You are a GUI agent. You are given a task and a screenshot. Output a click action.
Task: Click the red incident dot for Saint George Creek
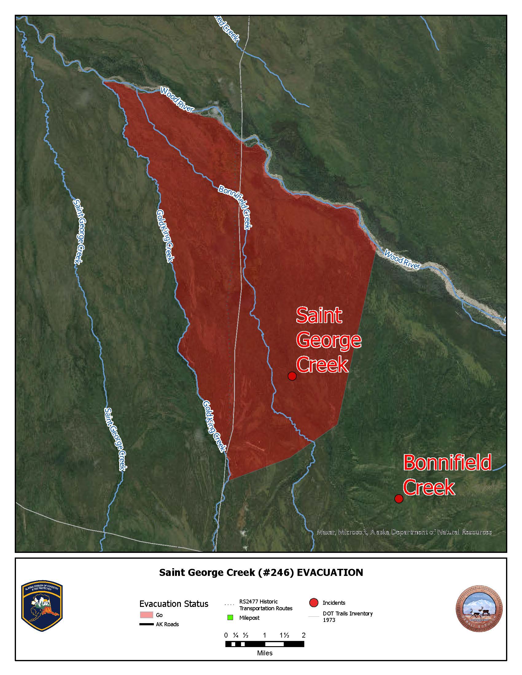(x=292, y=376)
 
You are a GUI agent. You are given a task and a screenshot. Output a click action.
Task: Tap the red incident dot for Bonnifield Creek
(x=399, y=499)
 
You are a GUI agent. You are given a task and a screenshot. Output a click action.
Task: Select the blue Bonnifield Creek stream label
(x=235, y=207)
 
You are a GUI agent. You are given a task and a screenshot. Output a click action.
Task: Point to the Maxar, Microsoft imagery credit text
(x=404, y=532)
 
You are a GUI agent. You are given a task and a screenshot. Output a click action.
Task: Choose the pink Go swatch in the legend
(x=146, y=615)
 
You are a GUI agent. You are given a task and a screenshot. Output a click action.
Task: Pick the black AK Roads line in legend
(x=146, y=624)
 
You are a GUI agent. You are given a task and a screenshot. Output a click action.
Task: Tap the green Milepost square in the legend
(x=230, y=618)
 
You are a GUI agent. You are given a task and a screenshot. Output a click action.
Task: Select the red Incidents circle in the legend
(x=314, y=603)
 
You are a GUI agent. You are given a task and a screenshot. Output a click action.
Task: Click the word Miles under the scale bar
(x=265, y=653)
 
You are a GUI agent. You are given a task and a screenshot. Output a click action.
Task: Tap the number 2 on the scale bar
(x=304, y=635)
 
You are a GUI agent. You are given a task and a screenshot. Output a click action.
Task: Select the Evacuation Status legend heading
(x=174, y=604)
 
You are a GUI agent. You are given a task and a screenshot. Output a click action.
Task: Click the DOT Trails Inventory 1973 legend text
(x=348, y=617)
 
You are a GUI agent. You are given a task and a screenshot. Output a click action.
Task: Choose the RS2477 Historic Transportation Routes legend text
(x=266, y=605)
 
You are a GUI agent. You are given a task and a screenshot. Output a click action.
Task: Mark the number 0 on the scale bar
(x=226, y=635)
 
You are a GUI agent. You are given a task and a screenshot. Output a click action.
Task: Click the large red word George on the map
(x=329, y=340)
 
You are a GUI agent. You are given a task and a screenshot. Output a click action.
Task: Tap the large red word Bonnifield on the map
(x=447, y=462)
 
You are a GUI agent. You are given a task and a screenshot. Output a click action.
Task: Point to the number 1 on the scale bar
(x=264, y=635)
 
